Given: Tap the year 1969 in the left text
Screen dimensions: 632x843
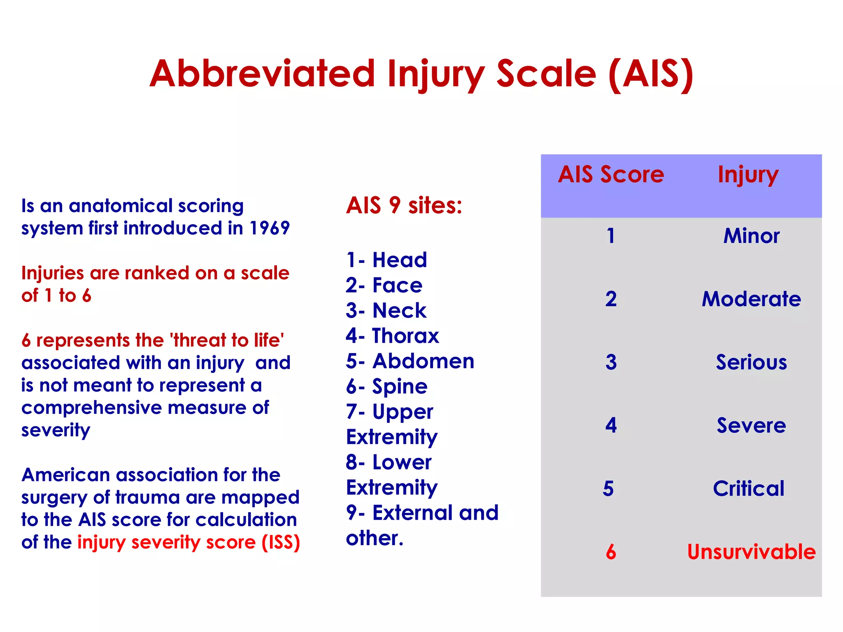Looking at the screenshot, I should tap(270, 228).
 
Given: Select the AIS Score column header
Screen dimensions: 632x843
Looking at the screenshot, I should tap(611, 174).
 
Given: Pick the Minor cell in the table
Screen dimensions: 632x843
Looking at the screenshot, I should tap(751, 236).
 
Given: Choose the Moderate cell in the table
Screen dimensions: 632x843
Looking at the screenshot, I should tap(751, 299).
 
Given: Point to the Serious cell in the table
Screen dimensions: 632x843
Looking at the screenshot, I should tap(751, 362).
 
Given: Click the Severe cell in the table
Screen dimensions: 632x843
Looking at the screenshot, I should tap(751, 425).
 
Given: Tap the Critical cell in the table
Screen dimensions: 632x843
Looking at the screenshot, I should tap(749, 489).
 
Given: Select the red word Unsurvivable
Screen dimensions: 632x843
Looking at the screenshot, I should tap(751, 552).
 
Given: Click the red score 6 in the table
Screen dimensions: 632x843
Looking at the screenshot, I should tap(611, 552).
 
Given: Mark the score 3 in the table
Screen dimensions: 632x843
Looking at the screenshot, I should tap(611, 362).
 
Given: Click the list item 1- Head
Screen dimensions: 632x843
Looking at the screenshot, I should tap(387, 260).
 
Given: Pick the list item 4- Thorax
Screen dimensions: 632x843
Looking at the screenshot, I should tap(392, 336).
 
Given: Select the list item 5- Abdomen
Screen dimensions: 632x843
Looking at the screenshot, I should tap(410, 361).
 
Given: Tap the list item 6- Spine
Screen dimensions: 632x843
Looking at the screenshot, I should tap(387, 387).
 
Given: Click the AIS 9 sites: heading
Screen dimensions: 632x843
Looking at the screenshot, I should tap(404, 205).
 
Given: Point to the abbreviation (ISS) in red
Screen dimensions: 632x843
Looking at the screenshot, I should tap(281, 542).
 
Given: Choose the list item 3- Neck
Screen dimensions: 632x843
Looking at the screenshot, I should tap(386, 311).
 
